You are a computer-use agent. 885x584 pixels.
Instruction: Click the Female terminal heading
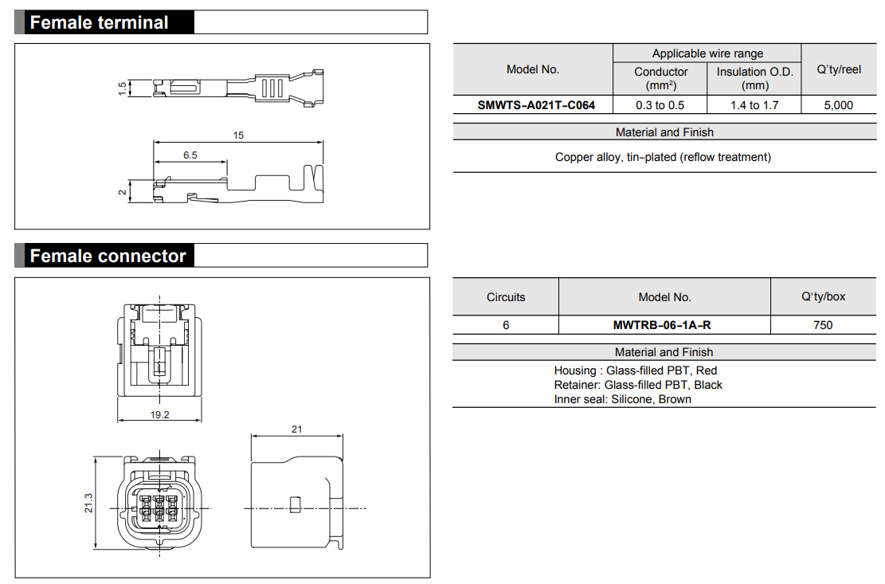(x=99, y=22)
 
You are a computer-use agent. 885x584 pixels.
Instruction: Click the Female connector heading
(x=108, y=256)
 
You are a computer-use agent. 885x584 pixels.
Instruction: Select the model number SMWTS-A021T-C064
(x=536, y=105)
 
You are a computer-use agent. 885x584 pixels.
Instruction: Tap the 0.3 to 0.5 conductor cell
(x=660, y=105)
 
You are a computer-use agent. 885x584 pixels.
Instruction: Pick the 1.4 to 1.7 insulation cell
(x=754, y=105)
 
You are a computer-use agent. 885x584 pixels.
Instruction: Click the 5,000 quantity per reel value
(x=838, y=105)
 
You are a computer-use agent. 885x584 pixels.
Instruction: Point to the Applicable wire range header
(x=707, y=53)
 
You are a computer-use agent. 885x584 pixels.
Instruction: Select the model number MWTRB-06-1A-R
(x=664, y=325)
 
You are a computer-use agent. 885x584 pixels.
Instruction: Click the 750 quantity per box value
(x=823, y=325)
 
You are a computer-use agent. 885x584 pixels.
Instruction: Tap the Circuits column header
(x=506, y=297)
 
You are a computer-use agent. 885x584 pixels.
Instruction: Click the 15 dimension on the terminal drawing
(x=238, y=135)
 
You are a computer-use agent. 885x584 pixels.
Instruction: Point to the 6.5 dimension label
(x=190, y=155)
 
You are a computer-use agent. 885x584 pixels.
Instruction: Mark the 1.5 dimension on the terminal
(x=122, y=88)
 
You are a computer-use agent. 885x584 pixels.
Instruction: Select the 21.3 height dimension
(x=88, y=503)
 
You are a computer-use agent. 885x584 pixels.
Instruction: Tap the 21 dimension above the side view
(x=296, y=429)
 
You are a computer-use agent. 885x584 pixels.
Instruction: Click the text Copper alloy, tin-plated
(x=663, y=157)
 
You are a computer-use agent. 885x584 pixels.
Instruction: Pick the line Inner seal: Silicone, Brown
(x=622, y=399)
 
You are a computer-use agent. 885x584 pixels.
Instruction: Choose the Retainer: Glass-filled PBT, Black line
(x=638, y=385)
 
